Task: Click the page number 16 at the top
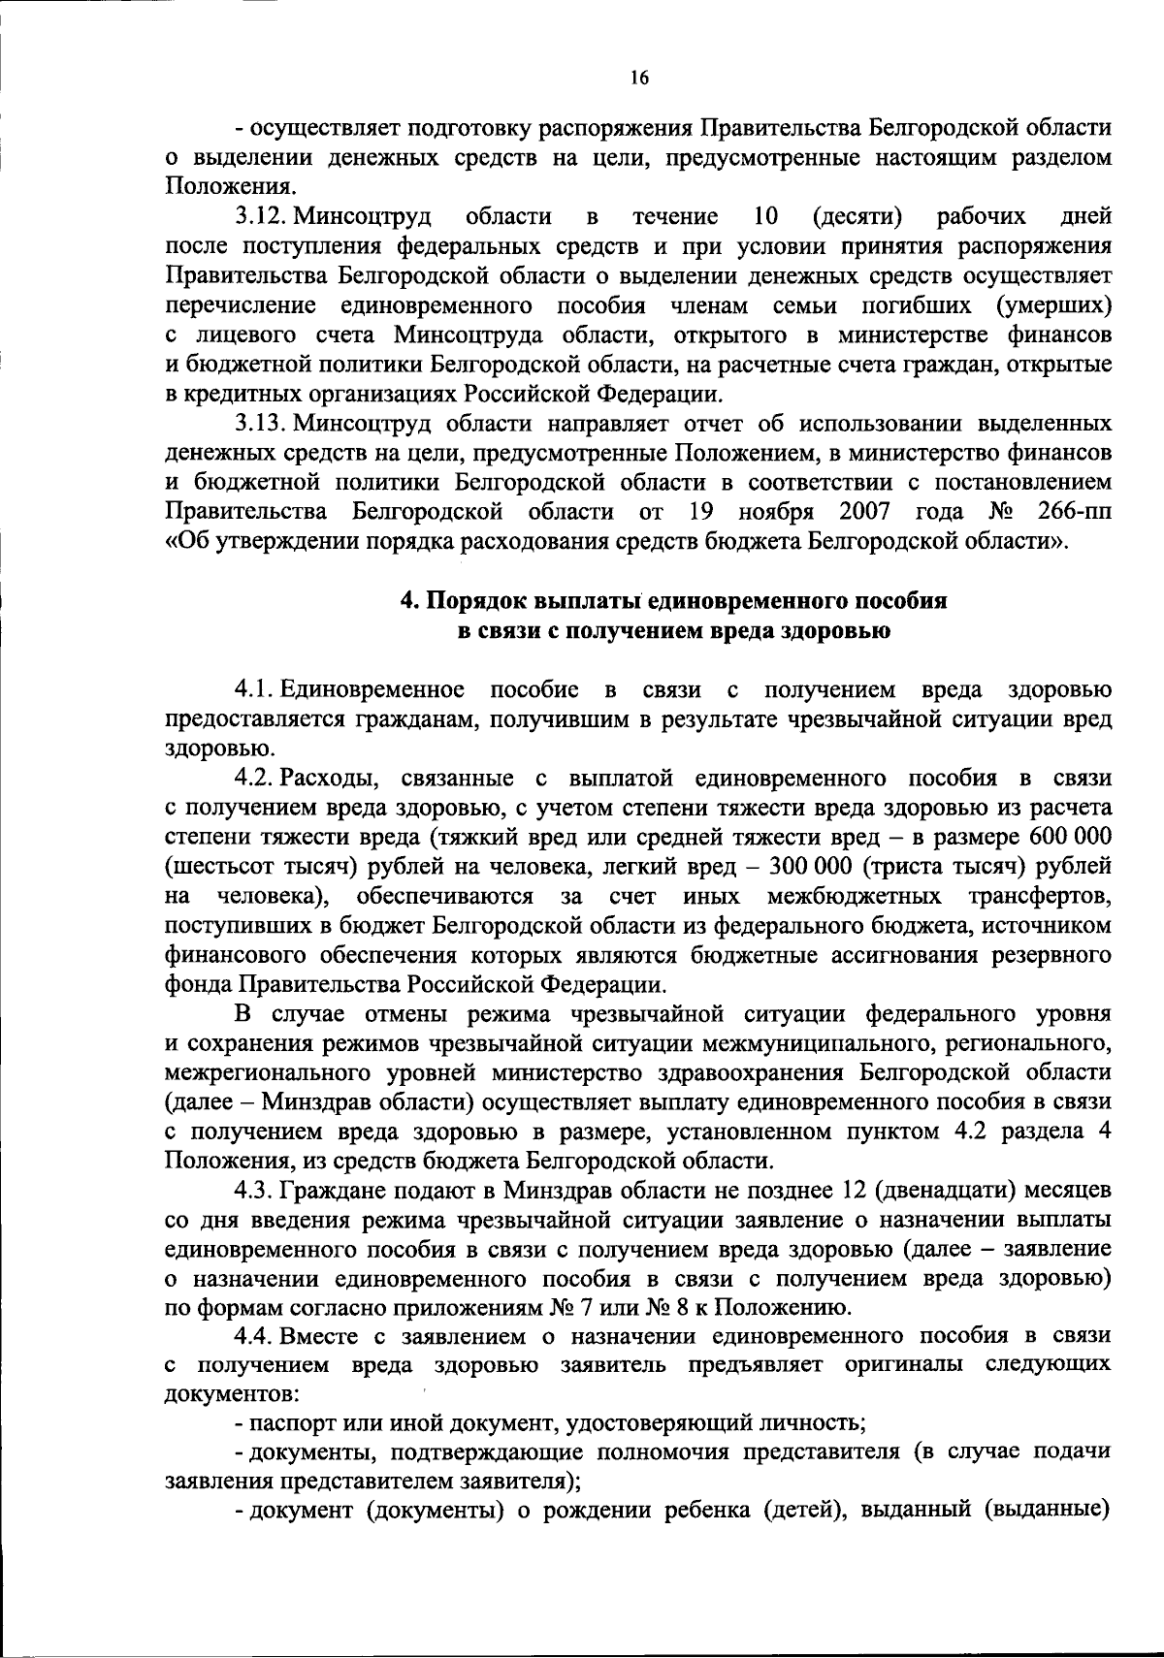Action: (x=638, y=79)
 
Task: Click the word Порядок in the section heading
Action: (x=474, y=600)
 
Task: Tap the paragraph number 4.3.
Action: (x=259, y=1188)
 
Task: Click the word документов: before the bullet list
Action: (x=232, y=1394)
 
